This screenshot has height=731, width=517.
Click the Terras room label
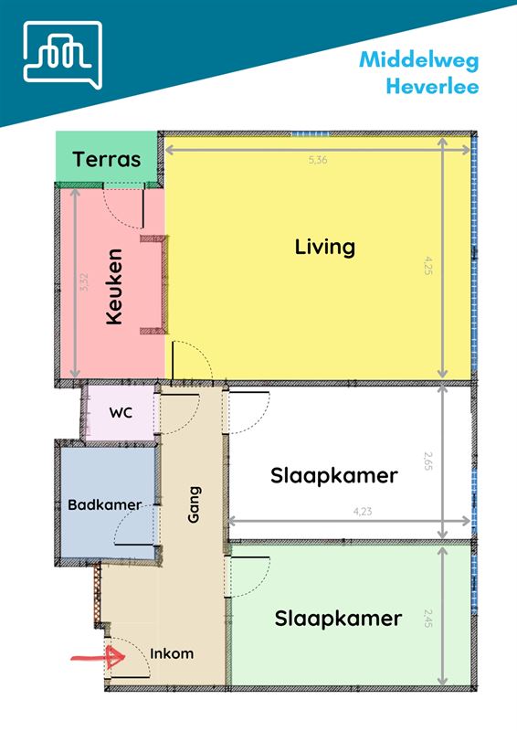[x=108, y=160]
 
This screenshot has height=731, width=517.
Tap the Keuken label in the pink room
[x=114, y=287]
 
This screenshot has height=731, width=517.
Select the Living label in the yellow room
[x=324, y=247]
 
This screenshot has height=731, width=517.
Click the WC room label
[x=121, y=412]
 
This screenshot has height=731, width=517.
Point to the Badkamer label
[x=104, y=504]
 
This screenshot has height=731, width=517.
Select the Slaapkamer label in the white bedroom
[x=333, y=476]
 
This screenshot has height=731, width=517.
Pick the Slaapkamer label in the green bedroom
[x=338, y=619]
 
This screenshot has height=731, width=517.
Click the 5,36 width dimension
[x=317, y=160]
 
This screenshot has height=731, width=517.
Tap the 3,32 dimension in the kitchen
[x=85, y=282]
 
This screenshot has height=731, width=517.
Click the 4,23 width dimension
[x=362, y=512]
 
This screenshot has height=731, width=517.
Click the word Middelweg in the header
[x=418, y=60]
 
